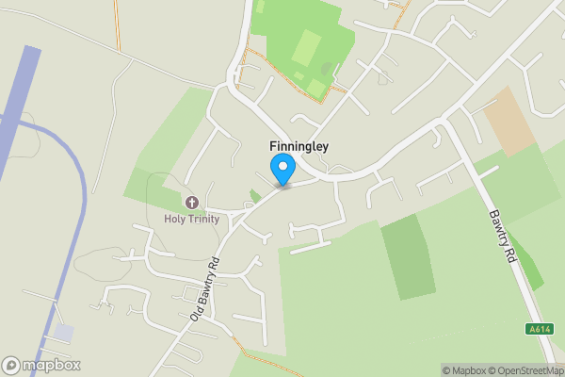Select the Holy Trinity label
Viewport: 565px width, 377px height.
pyautogui.click(x=192, y=220)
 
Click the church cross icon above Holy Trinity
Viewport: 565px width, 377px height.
pyautogui.click(x=192, y=203)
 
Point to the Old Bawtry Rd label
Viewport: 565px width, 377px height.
pyautogui.click(x=204, y=289)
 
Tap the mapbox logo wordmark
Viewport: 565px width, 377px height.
pyautogui.click(x=52, y=366)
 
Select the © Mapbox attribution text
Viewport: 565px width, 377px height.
pyautogui.click(x=462, y=370)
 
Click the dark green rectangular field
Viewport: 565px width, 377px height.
pyautogui.click(x=409, y=256)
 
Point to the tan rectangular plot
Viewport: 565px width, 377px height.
pyautogui.click(x=509, y=121)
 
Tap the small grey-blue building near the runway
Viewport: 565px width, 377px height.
pyautogui.click(x=63, y=333)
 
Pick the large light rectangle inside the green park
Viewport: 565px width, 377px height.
pyautogui.click(x=307, y=47)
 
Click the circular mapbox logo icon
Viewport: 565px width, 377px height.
pyautogui.click(x=11, y=366)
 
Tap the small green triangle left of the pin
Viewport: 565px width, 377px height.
pyautogui.click(x=254, y=196)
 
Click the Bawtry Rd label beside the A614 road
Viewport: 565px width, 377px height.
pyautogui.click(x=501, y=236)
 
